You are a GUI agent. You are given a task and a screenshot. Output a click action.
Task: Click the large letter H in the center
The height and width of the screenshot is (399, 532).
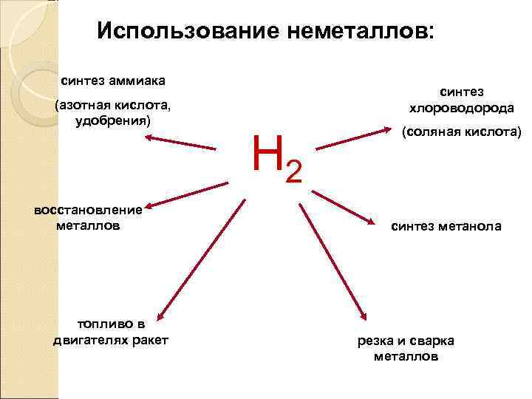click(x=267, y=151)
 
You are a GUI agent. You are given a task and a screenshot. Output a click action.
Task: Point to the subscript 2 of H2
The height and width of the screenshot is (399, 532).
click(x=293, y=171)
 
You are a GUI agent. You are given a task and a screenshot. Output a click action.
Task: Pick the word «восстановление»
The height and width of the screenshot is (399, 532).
click(x=88, y=210)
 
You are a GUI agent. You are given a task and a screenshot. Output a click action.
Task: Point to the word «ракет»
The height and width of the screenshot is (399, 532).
click(x=148, y=339)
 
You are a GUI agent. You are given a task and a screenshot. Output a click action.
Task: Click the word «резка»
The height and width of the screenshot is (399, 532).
click(x=375, y=341)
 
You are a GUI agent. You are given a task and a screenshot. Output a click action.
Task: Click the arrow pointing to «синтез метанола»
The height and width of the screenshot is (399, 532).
click(x=344, y=206)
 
